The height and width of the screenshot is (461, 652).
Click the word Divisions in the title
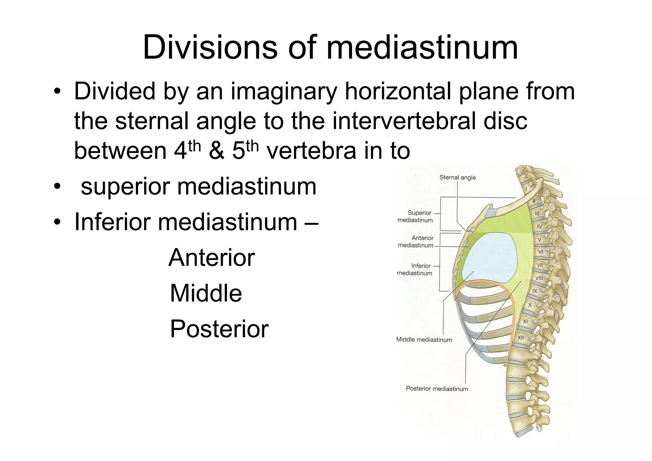(210, 48)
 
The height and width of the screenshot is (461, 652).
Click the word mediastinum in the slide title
(422, 48)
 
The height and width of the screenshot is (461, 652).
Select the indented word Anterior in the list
(212, 258)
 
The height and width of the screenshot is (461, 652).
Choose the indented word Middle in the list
(206, 293)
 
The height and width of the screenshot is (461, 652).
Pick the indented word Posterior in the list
(219, 329)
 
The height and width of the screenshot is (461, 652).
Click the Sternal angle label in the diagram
(457, 178)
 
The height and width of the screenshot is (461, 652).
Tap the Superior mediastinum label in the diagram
(415, 216)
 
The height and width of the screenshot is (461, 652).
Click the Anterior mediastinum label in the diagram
(416, 242)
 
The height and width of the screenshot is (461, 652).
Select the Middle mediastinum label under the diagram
(424, 340)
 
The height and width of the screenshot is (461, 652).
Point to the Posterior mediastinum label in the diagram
(437, 389)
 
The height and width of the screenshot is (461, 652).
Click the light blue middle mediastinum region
(490, 258)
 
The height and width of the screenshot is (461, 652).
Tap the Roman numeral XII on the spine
(521, 337)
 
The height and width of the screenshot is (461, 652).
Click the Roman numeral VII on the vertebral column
(540, 265)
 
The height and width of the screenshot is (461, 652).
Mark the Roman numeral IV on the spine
(539, 227)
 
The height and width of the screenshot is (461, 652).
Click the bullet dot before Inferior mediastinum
(57, 222)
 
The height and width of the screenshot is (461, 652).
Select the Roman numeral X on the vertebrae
(530, 305)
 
